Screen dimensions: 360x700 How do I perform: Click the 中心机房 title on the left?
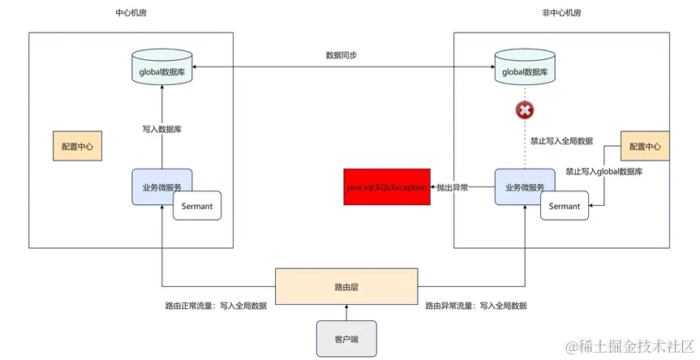point(131,14)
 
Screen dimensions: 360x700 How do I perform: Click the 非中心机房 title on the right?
point(561,14)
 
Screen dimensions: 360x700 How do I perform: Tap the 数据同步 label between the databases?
point(341,55)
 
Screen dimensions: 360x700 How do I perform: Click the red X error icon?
point(525,110)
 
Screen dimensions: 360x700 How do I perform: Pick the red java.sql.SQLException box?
point(386,187)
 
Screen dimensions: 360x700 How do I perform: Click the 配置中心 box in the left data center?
point(78,148)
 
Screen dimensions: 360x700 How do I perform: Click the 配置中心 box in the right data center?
point(645,148)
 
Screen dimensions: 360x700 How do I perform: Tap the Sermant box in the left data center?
point(197,206)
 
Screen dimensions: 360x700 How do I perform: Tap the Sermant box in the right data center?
point(565,206)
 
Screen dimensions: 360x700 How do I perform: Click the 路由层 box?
point(346,287)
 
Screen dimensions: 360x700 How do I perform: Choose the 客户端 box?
point(346,338)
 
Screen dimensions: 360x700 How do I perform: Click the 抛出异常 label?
point(452,187)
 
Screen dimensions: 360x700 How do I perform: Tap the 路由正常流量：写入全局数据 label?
point(216,306)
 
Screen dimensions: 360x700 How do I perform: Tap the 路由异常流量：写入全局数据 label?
point(476,306)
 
